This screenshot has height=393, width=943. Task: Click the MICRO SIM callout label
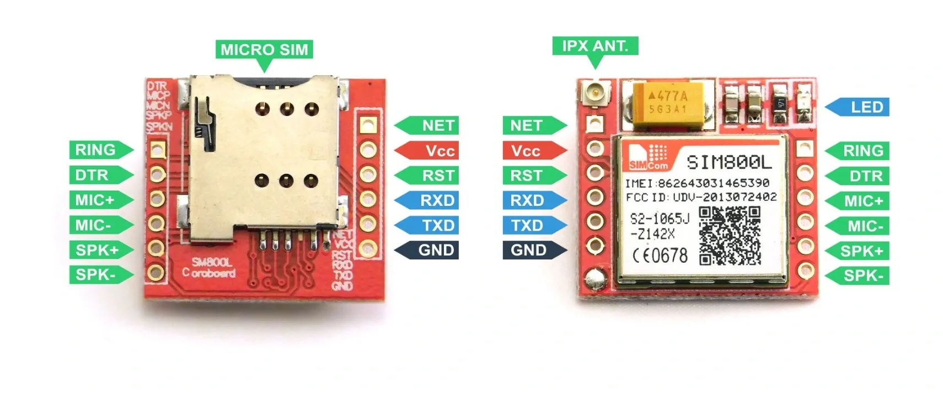(264, 50)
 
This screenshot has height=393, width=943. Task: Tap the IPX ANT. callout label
(595, 46)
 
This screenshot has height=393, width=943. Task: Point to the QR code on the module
(730, 236)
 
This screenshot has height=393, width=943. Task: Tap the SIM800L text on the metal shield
(729, 162)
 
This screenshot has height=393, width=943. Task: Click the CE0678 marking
(660, 256)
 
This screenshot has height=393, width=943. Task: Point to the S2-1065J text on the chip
(660, 219)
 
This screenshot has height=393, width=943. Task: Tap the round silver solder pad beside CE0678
(594, 276)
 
